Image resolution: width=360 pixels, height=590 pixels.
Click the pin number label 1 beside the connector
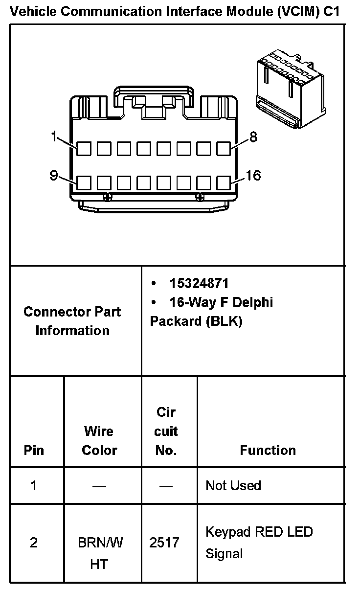coord(54,137)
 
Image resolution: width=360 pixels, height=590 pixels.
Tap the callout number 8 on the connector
coord(253,137)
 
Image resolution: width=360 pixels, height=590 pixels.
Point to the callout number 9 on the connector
coord(54,175)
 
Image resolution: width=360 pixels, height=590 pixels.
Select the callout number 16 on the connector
coord(253,175)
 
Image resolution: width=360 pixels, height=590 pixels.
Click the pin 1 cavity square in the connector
coord(84,148)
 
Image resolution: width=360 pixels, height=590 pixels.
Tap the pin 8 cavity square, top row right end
coord(224,148)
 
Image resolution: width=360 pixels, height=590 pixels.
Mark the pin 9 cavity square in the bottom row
coord(84,183)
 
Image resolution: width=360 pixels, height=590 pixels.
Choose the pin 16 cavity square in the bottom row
coord(224,183)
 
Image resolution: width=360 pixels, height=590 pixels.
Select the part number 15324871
coord(199,283)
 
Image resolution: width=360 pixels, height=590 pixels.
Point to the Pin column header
coord(34,450)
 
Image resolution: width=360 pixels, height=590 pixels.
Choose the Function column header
coord(268,450)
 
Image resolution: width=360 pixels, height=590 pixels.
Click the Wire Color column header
coord(99,441)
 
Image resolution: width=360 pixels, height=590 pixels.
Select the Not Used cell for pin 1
coord(233,485)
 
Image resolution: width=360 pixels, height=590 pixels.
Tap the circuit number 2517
coord(164,543)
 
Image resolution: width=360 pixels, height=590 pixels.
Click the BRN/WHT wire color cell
coord(100,553)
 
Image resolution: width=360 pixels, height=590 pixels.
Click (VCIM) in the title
coord(298,12)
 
